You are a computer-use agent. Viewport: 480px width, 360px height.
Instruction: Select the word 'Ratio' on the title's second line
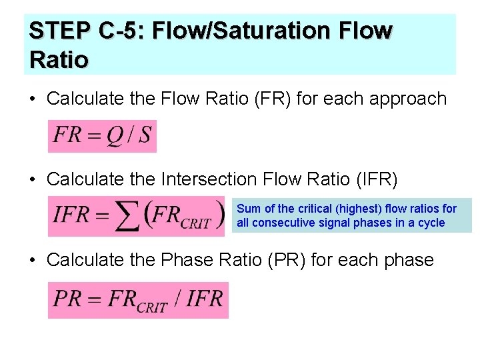point(59,59)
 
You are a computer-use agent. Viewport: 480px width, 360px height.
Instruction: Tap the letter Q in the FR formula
point(115,135)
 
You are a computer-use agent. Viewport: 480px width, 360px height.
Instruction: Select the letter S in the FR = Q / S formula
point(145,135)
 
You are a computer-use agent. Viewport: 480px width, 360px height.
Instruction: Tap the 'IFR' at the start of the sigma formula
point(71,215)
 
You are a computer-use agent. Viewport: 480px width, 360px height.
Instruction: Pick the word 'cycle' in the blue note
point(431,223)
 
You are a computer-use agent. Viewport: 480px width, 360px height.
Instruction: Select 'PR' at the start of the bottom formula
point(67,298)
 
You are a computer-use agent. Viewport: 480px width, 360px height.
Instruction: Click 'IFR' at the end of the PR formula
point(204,298)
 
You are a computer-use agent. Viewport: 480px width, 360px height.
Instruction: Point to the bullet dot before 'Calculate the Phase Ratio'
point(32,260)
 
